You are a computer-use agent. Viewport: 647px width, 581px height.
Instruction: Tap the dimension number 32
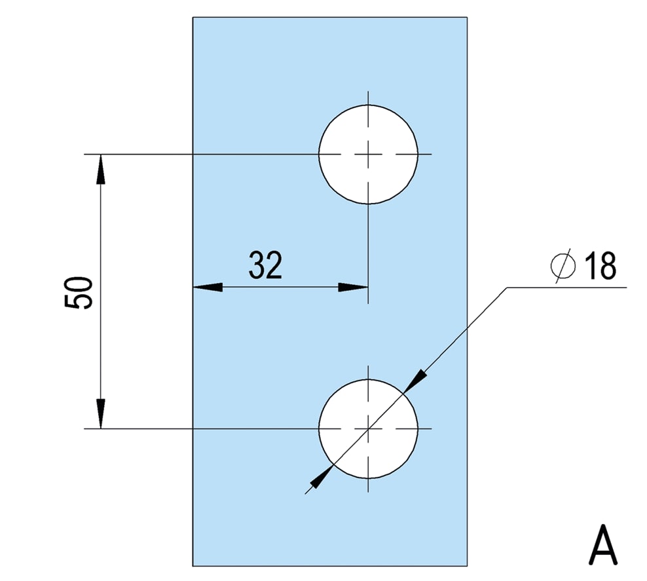point(265,265)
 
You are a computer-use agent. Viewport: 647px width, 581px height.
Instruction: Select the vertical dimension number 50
point(79,293)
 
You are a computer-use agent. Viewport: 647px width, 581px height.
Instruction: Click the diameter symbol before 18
point(563,266)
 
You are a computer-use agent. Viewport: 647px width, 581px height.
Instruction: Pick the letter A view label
point(603,544)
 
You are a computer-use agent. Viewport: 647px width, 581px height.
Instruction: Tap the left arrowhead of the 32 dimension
point(208,287)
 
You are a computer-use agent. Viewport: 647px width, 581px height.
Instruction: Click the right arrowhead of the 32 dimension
point(353,287)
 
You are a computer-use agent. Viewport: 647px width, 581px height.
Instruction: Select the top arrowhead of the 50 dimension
point(101,169)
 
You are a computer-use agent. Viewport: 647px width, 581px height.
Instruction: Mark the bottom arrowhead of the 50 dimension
point(101,414)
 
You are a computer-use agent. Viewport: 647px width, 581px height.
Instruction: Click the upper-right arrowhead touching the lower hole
point(415,381)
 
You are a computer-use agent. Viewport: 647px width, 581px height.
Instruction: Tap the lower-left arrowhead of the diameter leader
point(321,477)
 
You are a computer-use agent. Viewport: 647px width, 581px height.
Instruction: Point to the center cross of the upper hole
point(368,155)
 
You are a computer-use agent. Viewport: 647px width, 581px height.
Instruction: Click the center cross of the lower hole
point(368,429)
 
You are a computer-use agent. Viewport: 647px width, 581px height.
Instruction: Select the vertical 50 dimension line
point(101,291)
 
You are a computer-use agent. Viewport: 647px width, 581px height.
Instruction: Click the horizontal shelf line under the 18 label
point(566,287)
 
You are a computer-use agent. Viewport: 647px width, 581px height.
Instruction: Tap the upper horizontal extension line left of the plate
point(139,155)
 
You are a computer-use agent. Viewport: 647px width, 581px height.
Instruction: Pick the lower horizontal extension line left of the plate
point(139,429)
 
